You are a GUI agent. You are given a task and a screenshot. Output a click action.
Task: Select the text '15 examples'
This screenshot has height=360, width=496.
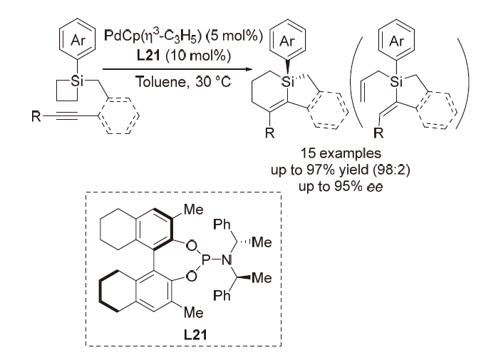coord(356,155)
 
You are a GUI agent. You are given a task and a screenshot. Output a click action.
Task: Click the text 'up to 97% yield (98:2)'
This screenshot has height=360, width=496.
coord(355,169)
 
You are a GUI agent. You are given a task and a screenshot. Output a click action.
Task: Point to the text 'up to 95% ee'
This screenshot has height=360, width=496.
coord(356,183)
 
